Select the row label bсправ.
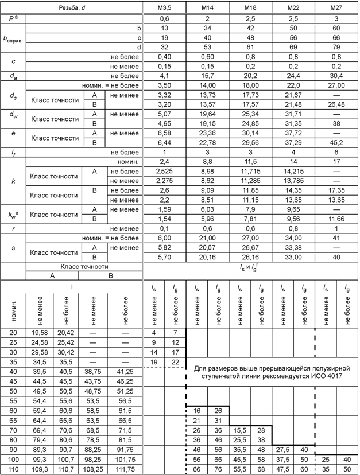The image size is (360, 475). click(13, 38)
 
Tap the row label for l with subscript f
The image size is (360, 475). click(13, 151)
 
